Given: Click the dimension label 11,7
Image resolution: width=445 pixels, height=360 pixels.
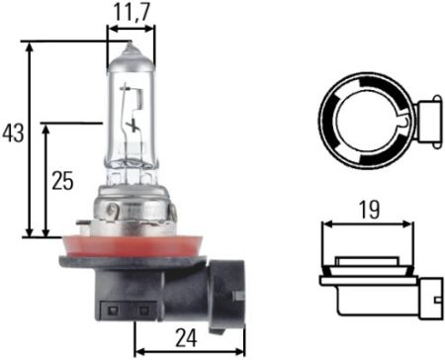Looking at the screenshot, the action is coord(132,12).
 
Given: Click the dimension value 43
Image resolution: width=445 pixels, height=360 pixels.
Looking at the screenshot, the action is coord(13,134).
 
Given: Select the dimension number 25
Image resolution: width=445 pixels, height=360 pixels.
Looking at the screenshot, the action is coord(62,181).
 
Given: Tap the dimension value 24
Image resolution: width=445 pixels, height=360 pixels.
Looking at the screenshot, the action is coord(186,338).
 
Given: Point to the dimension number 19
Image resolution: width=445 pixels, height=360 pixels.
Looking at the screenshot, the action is coord(369,210).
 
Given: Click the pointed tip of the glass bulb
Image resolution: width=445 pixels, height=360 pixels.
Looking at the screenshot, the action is coord(130,42).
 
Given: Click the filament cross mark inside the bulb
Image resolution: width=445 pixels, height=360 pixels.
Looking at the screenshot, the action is coord(133,125).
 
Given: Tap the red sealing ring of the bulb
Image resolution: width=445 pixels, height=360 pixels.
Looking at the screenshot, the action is coord(132,246).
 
